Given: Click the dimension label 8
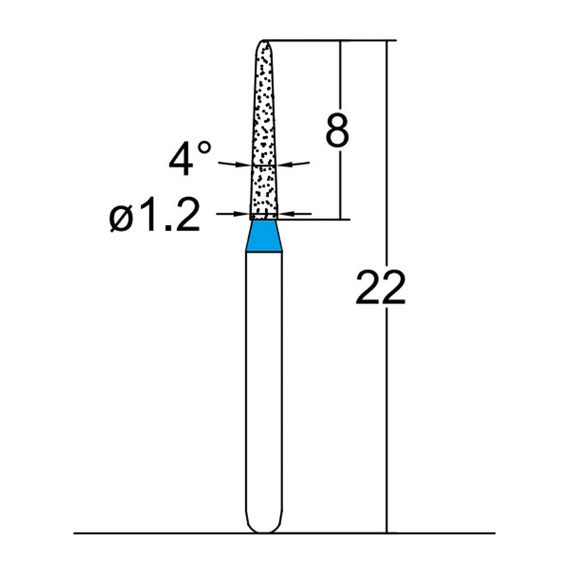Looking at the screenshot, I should tap(336, 129).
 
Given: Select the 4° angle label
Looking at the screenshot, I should tap(189, 158).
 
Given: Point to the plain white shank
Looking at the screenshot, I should tap(265, 384).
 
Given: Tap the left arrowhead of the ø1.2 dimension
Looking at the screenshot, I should tap(244, 213).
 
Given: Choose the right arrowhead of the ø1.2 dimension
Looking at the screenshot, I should tap(286, 213).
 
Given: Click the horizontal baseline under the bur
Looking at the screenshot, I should tap(142, 533).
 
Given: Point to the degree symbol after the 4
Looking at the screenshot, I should tap(204, 148).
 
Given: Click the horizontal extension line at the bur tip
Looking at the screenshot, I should tap(327, 41).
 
